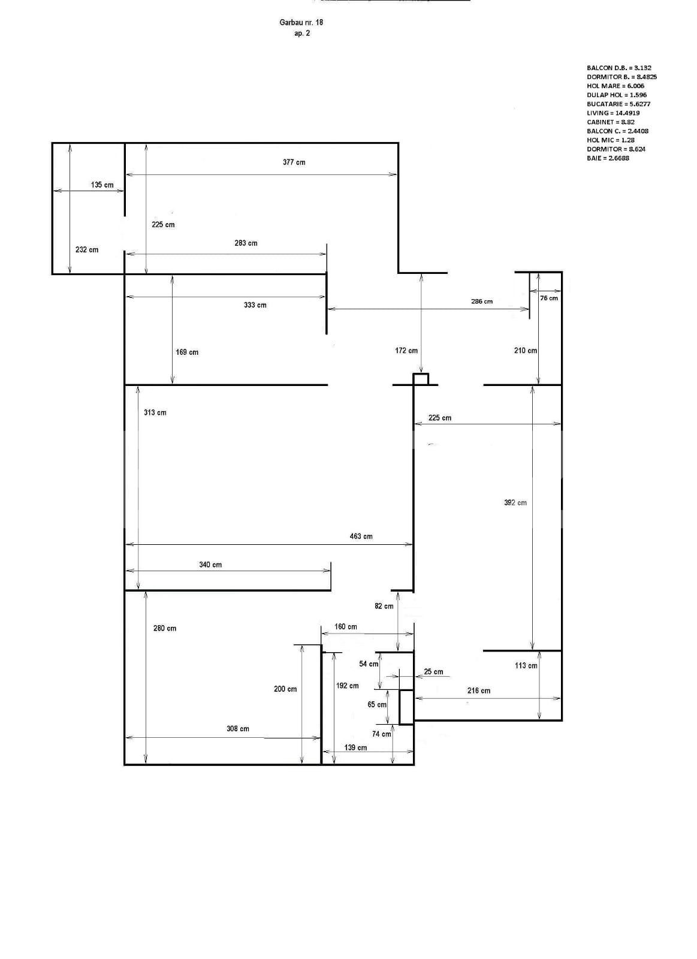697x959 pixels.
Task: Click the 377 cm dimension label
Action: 294,162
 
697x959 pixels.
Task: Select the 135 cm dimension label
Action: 102,185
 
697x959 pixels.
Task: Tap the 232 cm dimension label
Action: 87,250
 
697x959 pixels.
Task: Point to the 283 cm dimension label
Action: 246,243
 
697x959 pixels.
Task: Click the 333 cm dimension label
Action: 255,305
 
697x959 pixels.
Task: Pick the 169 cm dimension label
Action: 187,352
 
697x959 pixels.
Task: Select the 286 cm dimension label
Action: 481,301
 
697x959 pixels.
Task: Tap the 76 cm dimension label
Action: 548,298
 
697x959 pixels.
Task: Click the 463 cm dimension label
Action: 361,536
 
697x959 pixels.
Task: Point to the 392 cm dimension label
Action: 515,503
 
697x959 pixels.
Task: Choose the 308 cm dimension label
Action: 237,729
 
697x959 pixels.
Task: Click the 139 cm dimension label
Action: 355,747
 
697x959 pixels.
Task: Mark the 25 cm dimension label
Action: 433,672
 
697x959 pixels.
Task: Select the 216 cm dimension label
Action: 478,691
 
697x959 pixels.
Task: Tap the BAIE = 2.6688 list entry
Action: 608,158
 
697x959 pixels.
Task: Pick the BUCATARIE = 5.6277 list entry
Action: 618,104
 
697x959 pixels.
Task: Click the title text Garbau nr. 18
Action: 301,22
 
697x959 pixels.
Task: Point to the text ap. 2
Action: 302,34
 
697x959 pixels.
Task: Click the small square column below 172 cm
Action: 421,379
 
